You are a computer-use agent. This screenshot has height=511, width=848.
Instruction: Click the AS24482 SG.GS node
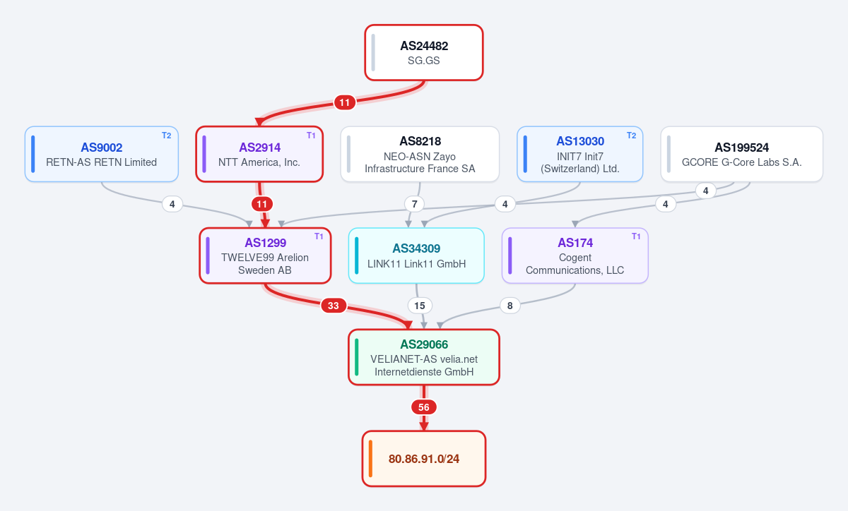pyautogui.click(x=423, y=52)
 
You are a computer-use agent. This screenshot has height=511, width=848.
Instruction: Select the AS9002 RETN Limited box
pyautogui.click(x=102, y=154)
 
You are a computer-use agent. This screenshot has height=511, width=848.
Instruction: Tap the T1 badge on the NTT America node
pyautogui.click(x=311, y=136)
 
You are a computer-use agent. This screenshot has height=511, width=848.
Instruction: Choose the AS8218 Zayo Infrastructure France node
pyautogui.click(x=420, y=154)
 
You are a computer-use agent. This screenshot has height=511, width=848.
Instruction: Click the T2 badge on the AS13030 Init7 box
pyautogui.click(x=631, y=136)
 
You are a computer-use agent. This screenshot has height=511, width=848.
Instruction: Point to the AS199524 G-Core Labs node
pyautogui.click(x=741, y=154)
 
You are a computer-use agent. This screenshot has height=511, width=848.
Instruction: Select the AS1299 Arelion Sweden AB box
pyautogui.click(x=265, y=255)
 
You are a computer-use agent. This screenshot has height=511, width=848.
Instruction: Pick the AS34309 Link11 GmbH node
pyautogui.click(x=416, y=255)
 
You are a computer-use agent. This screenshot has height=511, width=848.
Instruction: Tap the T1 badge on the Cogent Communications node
pyautogui.click(x=636, y=236)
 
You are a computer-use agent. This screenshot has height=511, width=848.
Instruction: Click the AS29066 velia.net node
pyautogui.click(x=424, y=357)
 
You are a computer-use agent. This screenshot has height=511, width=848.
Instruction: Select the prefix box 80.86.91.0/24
pyautogui.click(x=424, y=459)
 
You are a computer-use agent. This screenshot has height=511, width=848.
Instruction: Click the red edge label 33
pyautogui.click(x=334, y=306)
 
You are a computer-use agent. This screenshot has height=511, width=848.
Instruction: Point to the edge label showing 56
pyautogui.click(x=423, y=407)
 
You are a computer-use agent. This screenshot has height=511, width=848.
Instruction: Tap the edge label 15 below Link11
pyautogui.click(x=420, y=306)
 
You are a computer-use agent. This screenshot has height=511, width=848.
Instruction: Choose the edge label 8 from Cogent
pyautogui.click(x=510, y=306)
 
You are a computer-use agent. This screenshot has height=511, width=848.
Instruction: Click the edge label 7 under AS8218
pyautogui.click(x=415, y=204)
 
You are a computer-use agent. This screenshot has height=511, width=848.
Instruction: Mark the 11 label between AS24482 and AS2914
pyautogui.click(x=345, y=102)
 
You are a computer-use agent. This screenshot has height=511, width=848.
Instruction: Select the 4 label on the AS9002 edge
pyautogui.click(x=172, y=204)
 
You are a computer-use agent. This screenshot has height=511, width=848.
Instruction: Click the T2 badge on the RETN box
pyautogui.click(x=167, y=136)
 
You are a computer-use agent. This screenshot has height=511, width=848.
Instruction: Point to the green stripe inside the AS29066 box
pyautogui.click(x=357, y=357)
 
